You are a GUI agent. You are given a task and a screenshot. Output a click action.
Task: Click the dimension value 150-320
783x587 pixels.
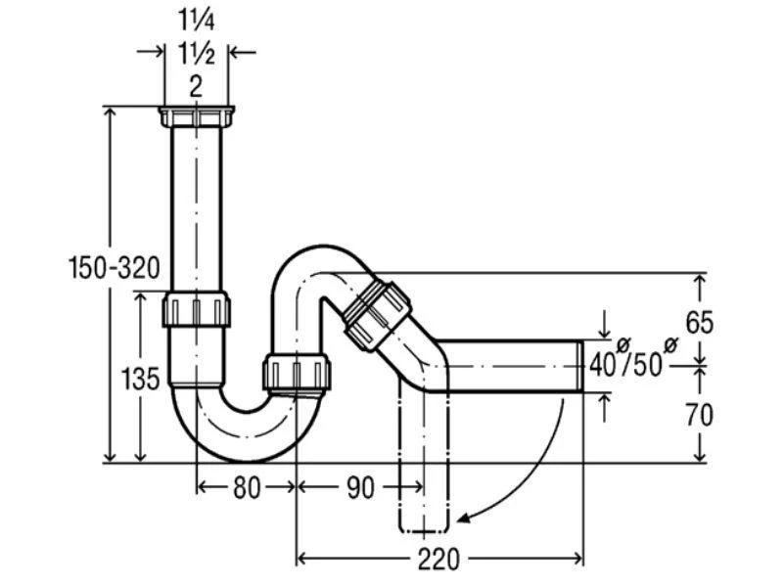(x=114, y=267)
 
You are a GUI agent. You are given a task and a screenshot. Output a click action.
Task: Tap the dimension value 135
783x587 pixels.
(x=140, y=379)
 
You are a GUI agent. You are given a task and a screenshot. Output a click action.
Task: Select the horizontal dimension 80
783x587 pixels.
(x=247, y=487)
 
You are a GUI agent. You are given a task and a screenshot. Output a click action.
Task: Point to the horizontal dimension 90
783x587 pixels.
(x=359, y=487)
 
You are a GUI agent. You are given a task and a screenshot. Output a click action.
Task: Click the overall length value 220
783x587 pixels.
(x=438, y=559)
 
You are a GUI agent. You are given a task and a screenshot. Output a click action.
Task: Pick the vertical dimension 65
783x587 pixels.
(x=699, y=323)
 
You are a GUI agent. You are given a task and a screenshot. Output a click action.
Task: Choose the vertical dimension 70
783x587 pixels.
(x=699, y=415)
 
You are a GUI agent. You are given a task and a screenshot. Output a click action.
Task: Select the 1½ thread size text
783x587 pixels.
(x=197, y=54)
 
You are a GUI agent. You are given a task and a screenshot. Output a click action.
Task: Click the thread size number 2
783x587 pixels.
(x=197, y=87)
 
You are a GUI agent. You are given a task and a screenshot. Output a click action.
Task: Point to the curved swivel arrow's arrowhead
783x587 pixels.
(x=463, y=519)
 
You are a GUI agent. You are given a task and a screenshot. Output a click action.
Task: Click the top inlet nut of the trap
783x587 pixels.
(x=197, y=116)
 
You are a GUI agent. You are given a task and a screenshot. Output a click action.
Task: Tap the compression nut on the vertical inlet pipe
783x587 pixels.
(x=197, y=309)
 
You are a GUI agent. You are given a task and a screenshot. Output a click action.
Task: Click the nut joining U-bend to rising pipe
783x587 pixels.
(x=297, y=371)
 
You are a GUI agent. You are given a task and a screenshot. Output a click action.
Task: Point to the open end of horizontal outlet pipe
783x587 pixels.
(x=580, y=366)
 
